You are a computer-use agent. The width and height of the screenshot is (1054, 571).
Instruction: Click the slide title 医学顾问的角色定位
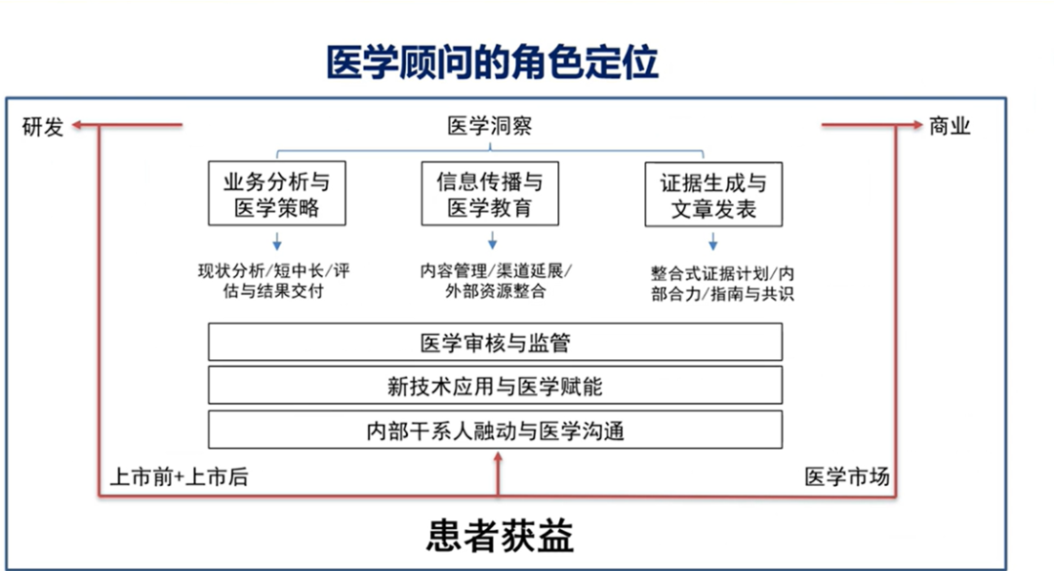point(492,62)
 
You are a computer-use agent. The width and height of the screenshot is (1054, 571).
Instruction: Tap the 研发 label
point(42,127)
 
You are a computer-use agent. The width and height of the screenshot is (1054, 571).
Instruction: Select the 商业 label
point(950,126)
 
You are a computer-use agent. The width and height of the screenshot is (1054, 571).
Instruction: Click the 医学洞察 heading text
point(490,126)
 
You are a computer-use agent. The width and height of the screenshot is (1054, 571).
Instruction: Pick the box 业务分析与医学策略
point(277,193)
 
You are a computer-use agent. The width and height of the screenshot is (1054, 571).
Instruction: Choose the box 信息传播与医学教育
point(490,193)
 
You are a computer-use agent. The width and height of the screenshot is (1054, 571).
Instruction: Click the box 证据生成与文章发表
point(713,194)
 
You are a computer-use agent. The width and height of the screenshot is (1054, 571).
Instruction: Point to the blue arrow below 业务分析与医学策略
point(277,241)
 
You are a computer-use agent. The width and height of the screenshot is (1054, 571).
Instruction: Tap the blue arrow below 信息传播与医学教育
point(493,241)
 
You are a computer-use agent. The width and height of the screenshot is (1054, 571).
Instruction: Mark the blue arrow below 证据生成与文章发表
point(713,242)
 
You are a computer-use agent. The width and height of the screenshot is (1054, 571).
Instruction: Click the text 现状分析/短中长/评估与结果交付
point(274,281)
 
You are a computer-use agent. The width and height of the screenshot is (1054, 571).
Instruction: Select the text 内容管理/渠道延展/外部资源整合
point(496,281)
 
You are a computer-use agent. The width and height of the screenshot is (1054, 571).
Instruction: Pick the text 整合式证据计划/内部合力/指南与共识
point(722,284)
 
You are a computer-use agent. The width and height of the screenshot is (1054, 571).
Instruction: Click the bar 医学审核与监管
point(496,343)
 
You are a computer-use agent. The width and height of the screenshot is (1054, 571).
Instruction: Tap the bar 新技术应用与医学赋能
point(496,386)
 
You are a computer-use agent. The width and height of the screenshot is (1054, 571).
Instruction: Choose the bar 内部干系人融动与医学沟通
point(496,429)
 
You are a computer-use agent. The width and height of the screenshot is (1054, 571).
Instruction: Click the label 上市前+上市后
point(180,477)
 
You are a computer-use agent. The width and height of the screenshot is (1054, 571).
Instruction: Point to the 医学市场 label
point(847,477)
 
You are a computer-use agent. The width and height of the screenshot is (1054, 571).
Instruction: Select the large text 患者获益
point(500,536)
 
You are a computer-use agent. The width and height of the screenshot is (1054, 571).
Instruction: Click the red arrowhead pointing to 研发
point(77,125)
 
